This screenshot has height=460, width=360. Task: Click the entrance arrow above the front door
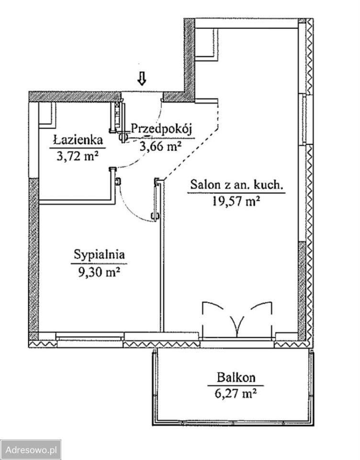[x=142, y=79]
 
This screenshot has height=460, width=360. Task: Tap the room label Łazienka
[x=78, y=140]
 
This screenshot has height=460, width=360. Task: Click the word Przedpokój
[x=161, y=129]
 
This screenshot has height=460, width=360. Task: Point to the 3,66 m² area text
[x=160, y=146]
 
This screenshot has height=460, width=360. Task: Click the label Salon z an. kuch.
[x=236, y=185]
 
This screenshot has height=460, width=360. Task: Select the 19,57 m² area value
[x=236, y=202]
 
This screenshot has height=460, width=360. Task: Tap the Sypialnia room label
[x=100, y=254]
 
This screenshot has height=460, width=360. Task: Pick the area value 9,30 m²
[x=99, y=272]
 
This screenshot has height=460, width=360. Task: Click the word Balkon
[x=236, y=377]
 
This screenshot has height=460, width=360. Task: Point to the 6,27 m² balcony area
[x=236, y=393]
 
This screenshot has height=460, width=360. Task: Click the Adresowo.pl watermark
[x=31, y=450]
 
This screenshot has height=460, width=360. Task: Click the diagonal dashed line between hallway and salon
[x=191, y=153]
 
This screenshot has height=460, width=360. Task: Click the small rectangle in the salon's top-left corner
[x=206, y=45]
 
